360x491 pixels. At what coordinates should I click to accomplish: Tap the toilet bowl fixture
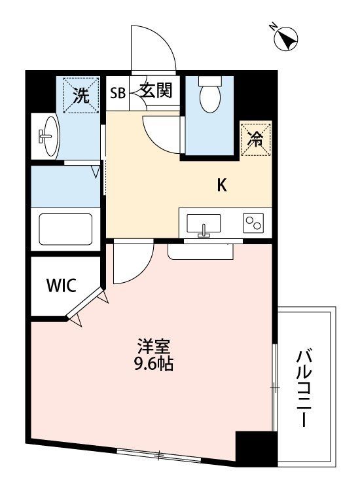pos(210,94)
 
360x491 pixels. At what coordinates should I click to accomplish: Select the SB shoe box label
pos(118,93)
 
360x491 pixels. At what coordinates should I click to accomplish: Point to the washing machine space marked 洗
pos(81,95)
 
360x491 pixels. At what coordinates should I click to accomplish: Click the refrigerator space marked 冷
pos(255,139)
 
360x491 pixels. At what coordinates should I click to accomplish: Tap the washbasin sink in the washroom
pos(50,137)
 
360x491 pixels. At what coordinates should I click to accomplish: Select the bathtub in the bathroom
pos(65,229)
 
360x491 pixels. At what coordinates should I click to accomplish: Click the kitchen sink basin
pos(204,224)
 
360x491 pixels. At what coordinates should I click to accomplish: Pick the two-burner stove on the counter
pos(253,223)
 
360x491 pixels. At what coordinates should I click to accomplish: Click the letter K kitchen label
pos(222,185)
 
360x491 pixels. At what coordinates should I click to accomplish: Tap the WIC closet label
pos(62,285)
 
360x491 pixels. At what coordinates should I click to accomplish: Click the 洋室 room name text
pos(154,347)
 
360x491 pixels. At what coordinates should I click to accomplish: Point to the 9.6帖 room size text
pos(154,364)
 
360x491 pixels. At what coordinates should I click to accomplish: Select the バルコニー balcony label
pos(304,388)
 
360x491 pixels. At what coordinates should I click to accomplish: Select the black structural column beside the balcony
pos(257,449)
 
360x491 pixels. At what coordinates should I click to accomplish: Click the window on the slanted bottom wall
pos(158,455)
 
